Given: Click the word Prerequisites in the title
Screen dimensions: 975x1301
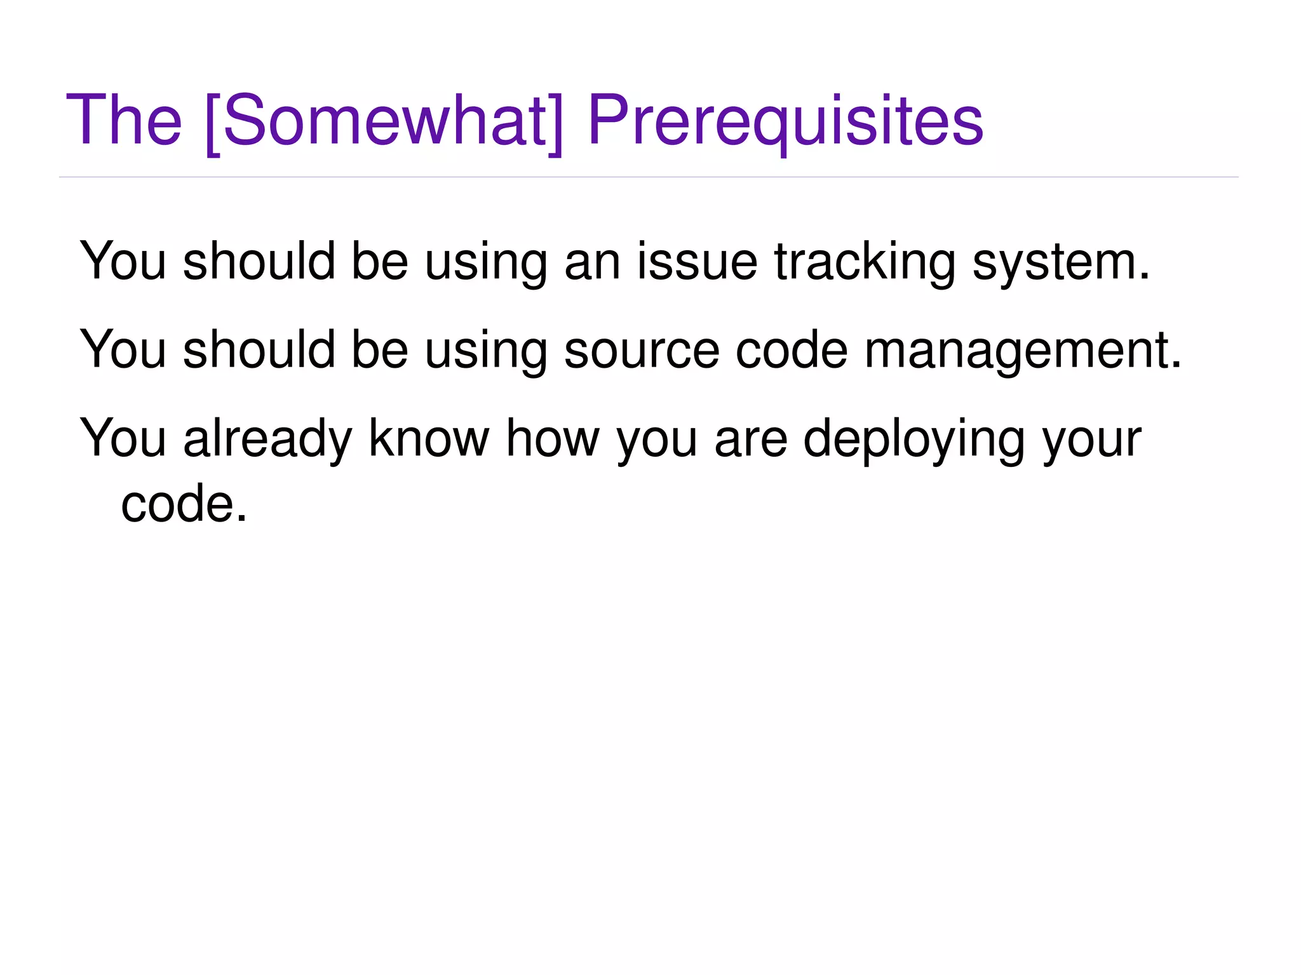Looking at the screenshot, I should coord(785,121).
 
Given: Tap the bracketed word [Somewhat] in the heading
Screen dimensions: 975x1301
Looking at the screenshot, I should coord(384,121).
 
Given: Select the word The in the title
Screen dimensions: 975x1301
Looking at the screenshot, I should coord(124,121).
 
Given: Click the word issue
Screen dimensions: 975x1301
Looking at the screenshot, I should coord(697,262).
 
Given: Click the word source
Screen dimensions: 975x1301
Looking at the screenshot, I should coord(642,351).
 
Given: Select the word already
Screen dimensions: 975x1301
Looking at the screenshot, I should coord(267,440).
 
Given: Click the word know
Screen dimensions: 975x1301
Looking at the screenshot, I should coord(429,438).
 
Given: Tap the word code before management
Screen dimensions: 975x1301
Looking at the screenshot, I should coord(792,350).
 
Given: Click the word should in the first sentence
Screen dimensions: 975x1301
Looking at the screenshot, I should coord(259,262).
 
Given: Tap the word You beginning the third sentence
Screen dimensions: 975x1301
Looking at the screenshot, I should coord(123,438).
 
